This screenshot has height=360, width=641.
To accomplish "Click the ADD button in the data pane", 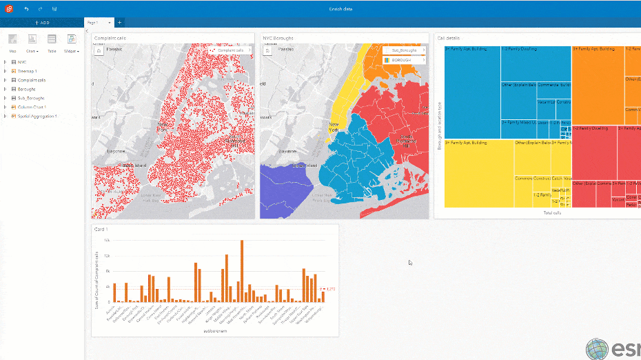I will click(x=43, y=23).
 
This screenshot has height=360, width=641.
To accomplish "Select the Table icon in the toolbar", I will click(x=52, y=42).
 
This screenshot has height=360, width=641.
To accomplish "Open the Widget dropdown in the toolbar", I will click(x=72, y=42).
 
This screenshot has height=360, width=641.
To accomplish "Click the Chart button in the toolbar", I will click(x=32, y=42).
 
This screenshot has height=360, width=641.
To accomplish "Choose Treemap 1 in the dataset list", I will click(x=28, y=71).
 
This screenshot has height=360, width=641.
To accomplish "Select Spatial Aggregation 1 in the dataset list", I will click(x=37, y=116).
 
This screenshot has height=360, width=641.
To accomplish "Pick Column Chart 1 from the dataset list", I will click(x=32, y=107).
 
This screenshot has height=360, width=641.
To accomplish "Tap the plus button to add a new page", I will click(x=119, y=23).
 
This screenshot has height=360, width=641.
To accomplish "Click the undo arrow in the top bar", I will click(x=26, y=9).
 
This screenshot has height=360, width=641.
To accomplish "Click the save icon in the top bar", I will click(x=54, y=9).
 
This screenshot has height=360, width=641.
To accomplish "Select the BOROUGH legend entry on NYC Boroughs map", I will click(x=403, y=60).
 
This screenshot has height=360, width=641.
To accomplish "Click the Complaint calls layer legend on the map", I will click(x=231, y=50).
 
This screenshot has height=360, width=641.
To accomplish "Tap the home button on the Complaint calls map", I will click(x=99, y=50).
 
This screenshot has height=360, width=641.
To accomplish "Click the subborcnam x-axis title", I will click(x=216, y=331).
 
